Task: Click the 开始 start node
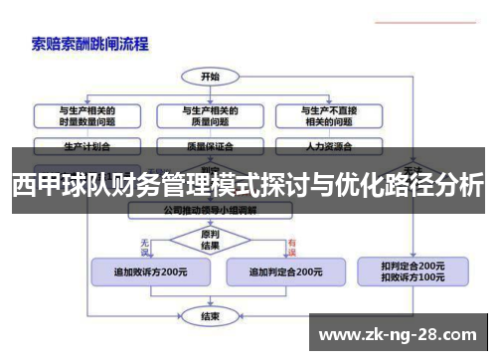[211, 76]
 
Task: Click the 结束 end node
[211, 316]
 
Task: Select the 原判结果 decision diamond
[211, 240]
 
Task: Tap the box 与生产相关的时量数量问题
[87, 115]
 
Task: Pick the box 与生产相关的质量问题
[211, 115]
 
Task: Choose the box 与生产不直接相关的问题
[329, 115]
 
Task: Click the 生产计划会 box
[87, 145]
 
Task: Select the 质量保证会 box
[211, 145]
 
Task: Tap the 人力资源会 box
[329, 145]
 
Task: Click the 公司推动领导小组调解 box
[211, 212]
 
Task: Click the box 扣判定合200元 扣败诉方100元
[413, 271]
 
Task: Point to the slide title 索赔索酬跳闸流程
[90, 43]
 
